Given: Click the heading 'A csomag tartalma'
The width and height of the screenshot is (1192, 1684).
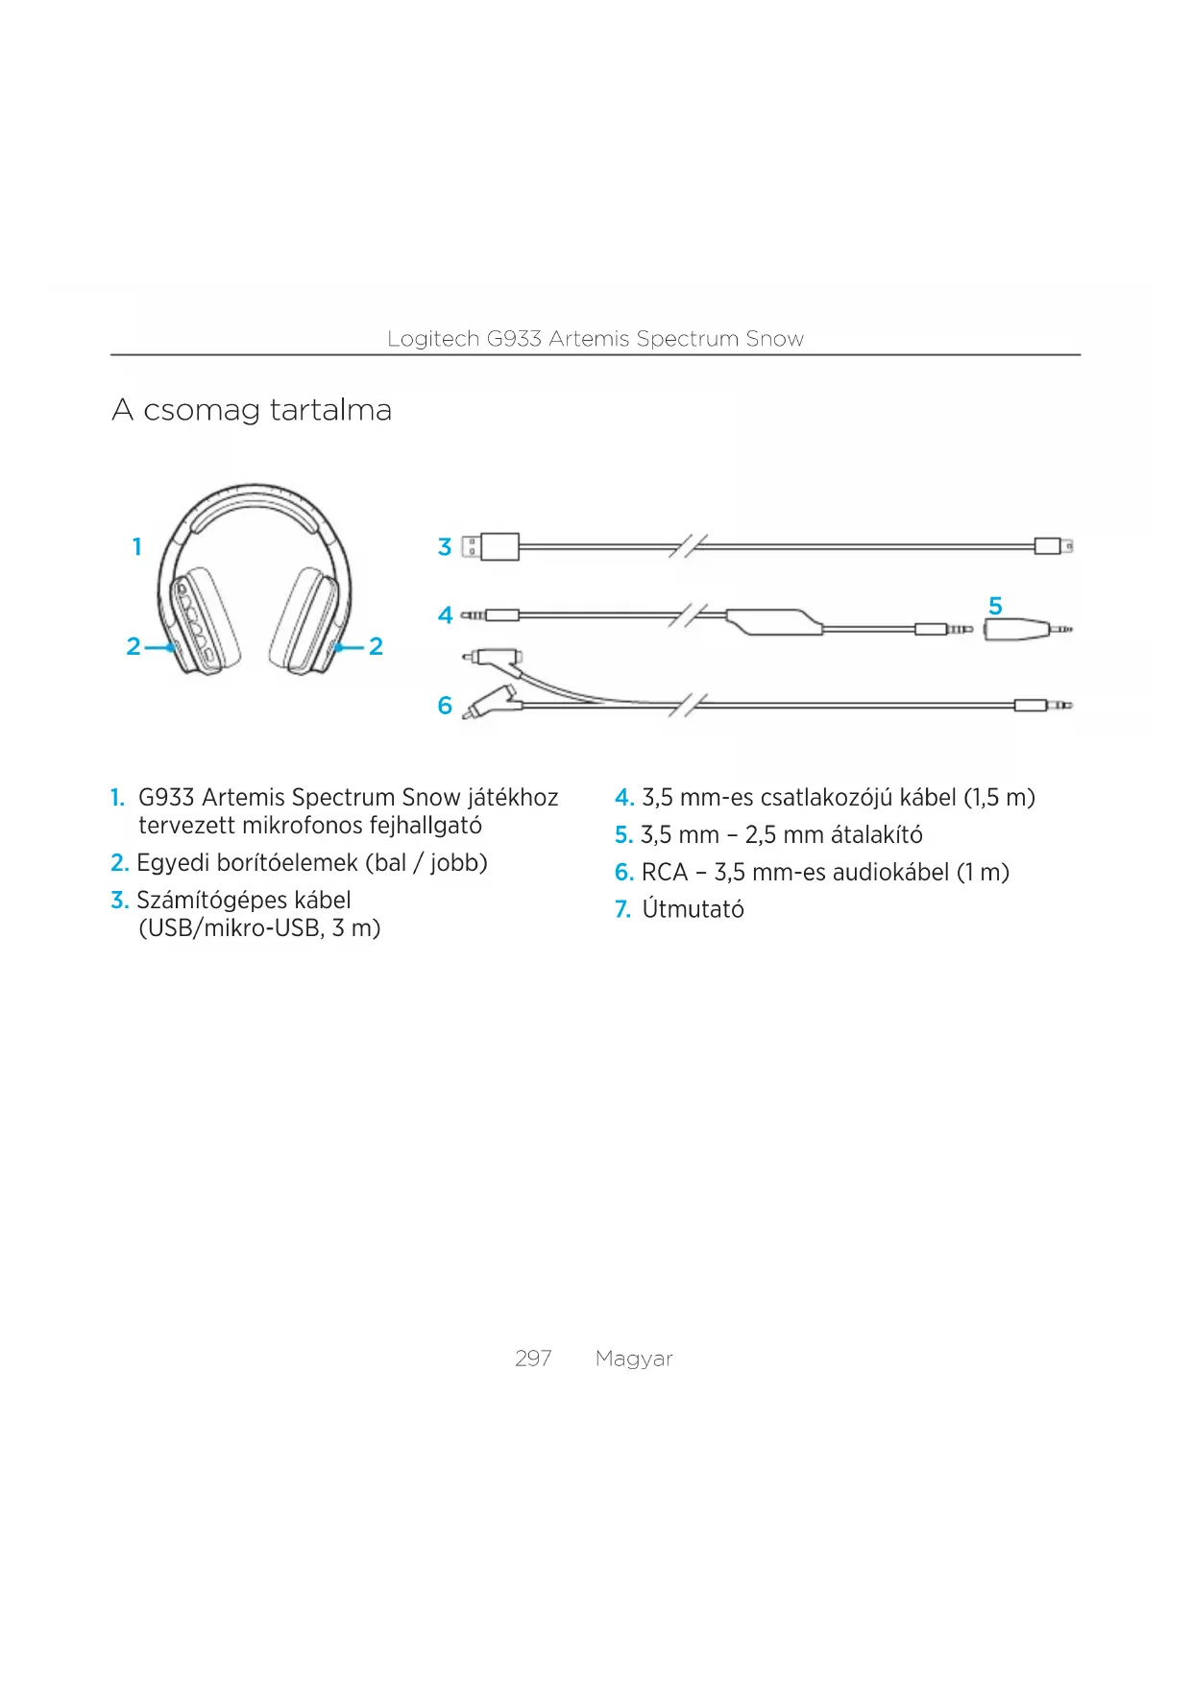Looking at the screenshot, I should pos(252,411).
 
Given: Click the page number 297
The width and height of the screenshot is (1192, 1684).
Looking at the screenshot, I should pos(533,1359).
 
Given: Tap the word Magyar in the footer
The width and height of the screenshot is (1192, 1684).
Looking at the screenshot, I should pos(634,1359).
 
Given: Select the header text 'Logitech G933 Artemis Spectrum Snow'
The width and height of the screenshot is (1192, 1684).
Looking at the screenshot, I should pos(596,339).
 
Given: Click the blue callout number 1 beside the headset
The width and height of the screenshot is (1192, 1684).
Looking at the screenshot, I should pos(137,547).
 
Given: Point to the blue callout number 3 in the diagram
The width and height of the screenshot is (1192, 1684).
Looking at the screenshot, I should pos(445,547).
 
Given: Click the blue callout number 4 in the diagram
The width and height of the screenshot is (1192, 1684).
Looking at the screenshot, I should pos(445,615).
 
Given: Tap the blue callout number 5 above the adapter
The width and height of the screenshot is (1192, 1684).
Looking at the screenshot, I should pos(995,606).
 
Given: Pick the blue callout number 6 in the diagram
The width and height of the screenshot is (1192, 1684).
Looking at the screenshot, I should pos(445,706).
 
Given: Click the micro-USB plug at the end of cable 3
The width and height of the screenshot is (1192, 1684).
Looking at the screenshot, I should pos(1052,546).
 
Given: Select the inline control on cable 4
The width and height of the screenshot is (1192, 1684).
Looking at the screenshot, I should pos(774,622).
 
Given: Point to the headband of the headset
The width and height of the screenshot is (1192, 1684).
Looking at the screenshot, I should pos(255,504).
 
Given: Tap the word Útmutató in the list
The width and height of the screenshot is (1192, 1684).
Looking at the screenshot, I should pos(693,909).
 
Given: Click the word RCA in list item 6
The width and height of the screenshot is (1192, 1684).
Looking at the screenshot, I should pos(665,873).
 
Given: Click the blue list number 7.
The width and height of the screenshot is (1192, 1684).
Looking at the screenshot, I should pos(622,909).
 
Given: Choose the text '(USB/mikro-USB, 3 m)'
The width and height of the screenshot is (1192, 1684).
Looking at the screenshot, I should pos(259,928).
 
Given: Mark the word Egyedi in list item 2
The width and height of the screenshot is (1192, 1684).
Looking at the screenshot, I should pos(173,863).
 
